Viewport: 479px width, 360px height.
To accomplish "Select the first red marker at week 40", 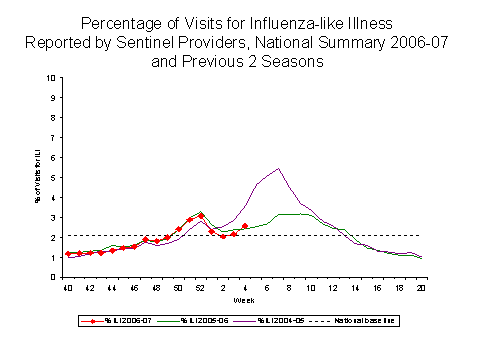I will [68, 254].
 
